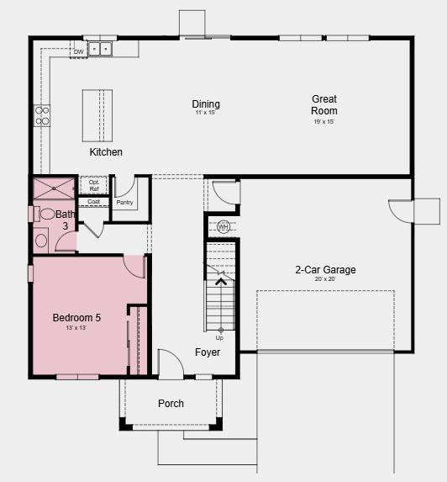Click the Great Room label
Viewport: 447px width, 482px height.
click(x=324, y=104)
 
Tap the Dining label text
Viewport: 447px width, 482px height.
click(x=206, y=104)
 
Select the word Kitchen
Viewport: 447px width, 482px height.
click(x=106, y=152)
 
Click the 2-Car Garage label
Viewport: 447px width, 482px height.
click(x=325, y=270)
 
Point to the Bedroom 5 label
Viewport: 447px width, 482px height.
click(x=76, y=318)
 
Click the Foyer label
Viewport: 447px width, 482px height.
click(x=208, y=352)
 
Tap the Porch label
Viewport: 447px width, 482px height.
click(x=171, y=404)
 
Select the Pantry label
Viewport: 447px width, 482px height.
click(x=124, y=203)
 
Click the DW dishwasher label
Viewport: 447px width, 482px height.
click(x=78, y=52)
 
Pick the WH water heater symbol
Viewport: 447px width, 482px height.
click(x=223, y=227)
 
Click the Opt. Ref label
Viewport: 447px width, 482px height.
click(x=93, y=185)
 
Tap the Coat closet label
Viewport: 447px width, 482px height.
click(x=93, y=202)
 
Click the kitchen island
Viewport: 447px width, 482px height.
click(x=97, y=114)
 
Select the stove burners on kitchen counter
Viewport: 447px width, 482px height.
click(x=42, y=115)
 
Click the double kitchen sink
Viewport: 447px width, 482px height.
click(x=101, y=49)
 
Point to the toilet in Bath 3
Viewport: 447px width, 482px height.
click(x=48, y=214)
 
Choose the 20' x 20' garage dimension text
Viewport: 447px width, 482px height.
click(x=325, y=280)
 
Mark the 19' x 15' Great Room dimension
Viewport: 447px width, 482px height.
click(x=324, y=122)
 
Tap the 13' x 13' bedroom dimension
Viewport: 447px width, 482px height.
click(x=76, y=328)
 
